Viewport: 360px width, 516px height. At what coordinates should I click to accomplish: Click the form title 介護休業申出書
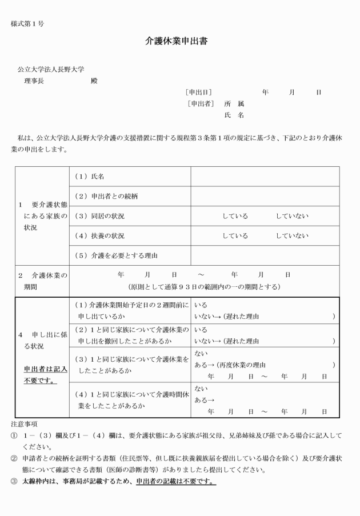[x=179, y=42]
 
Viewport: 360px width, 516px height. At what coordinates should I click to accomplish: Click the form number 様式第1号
[x=27, y=23]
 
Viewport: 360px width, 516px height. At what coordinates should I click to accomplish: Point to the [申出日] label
[x=199, y=91]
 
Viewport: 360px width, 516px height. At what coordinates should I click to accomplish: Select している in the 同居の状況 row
[x=235, y=216]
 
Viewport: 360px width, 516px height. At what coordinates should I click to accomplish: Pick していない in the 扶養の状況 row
[x=291, y=235]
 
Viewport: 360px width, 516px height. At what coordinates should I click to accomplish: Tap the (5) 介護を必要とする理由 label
[x=116, y=255]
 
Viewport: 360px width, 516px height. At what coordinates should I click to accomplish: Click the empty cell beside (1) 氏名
[x=265, y=177]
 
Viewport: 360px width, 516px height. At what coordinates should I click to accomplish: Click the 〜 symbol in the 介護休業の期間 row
[x=201, y=275]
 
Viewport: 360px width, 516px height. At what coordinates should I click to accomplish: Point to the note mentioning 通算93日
[x=204, y=286]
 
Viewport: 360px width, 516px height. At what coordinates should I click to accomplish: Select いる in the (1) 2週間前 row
[x=201, y=306]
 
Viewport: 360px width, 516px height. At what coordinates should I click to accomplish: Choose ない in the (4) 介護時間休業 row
[x=201, y=389]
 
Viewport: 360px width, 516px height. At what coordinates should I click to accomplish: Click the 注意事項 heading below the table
[x=24, y=425]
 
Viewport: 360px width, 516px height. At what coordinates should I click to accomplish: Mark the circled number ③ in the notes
[x=15, y=481]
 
